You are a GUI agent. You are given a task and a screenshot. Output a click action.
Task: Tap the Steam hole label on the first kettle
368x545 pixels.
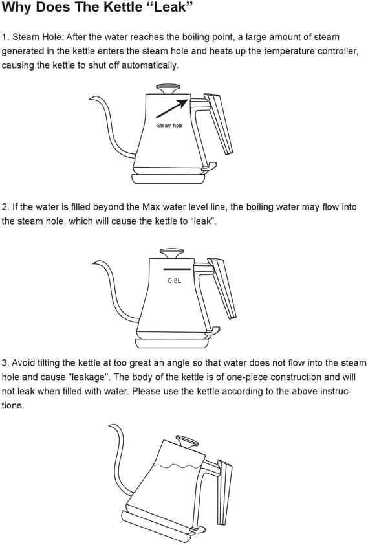pyautogui.click(x=169, y=126)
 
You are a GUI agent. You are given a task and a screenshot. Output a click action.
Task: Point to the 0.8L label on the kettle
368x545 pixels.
pyautogui.click(x=175, y=282)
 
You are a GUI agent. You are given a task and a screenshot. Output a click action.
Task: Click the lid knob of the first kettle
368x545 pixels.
pyautogui.click(x=168, y=86)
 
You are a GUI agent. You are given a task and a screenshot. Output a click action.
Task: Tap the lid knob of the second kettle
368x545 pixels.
pyautogui.click(x=171, y=251)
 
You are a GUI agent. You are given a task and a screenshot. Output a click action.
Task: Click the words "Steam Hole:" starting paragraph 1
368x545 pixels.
pyautogui.click(x=34, y=37)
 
